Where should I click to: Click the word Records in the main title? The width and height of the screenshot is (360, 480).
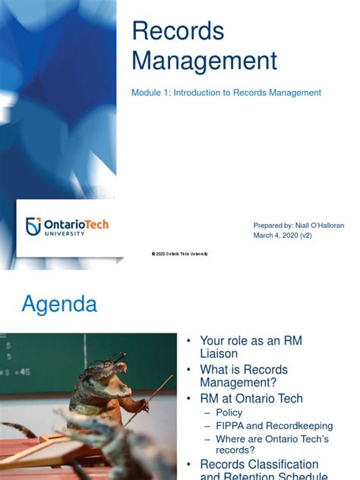pos(178,31)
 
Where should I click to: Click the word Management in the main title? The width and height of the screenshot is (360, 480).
pos(204,60)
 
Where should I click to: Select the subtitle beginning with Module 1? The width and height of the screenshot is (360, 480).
pos(226,93)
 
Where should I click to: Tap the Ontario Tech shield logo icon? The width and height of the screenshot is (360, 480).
pos(33,226)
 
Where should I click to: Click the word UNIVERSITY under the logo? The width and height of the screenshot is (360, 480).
pos(65,234)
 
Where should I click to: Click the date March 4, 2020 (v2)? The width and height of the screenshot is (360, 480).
pos(283,235)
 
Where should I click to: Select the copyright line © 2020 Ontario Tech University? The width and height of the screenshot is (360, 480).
pos(179,254)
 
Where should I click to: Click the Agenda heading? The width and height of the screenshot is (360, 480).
pos(59,305)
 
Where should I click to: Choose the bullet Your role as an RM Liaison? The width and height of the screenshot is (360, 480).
pos(251,347)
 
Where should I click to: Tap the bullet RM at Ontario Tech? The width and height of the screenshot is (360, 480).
pos(251,399)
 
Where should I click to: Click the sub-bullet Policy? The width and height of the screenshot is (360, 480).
pos(229,412)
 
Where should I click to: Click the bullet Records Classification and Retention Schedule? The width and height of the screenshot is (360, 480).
pos(259,470)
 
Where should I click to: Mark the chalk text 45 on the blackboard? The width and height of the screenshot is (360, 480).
pos(24,373)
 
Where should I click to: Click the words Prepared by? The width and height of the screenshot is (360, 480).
pos(270,226)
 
